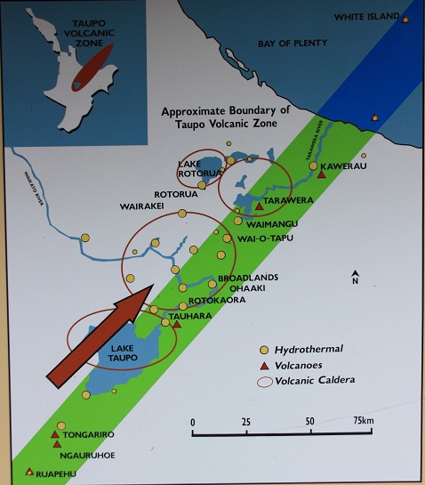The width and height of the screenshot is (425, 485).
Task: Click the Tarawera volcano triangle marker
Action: pyautogui.click(x=258, y=206)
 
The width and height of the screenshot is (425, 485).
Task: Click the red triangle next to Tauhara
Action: pyautogui.click(x=176, y=324)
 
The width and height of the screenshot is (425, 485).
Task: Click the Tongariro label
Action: pyautogui.click(x=90, y=434)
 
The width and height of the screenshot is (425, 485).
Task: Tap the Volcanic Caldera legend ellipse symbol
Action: pyautogui.click(x=263, y=381)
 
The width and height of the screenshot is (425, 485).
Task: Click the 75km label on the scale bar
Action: pyautogui.click(x=361, y=421)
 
